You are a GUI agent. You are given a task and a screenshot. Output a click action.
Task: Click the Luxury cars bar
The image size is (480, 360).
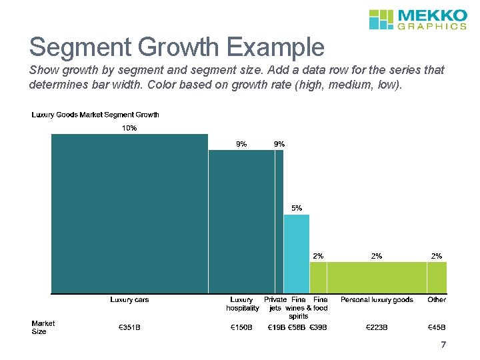pyautogui.click(x=130, y=213)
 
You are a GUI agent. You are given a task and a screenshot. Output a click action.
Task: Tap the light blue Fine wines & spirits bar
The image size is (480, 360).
pyautogui.click(x=297, y=253)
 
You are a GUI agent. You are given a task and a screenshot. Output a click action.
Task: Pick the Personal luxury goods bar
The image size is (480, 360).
pyautogui.click(x=377, y=277)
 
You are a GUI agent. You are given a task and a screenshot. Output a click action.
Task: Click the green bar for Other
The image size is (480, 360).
pyautogui.click(x=437, y=277)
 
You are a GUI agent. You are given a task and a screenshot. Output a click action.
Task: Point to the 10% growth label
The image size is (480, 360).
pyautogui.click(x=129, y=128)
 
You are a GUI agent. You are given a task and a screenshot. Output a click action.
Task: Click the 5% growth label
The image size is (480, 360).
pyautogui.click(x=297, y=208)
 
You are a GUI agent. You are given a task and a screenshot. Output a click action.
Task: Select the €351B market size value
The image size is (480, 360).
pyautogui.click(x=130, y=327)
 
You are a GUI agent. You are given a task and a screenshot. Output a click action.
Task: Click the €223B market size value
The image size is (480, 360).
pyautogui.click(x=377, y=327)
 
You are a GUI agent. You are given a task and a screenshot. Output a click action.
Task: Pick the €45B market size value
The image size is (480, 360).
pyautogui.click(x=437, y=327)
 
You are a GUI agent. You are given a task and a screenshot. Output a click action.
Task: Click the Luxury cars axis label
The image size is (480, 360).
pyautogui.click(x=130, y=300)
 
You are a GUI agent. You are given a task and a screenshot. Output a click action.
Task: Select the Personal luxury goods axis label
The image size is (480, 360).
pyautogui.click(x=377, y=300)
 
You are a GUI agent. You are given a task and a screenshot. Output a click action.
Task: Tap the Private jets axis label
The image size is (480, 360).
pyautogui.click(x=275, y=304)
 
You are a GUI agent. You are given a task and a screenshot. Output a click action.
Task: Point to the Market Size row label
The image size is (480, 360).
pyautogui.click(x=43, y=327)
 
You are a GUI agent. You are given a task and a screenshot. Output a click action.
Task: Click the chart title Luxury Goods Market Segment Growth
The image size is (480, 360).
pyautogui.click(x=95, y=115)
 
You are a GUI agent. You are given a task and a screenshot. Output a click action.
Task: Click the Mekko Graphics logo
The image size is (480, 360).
pyautogui.click(x=418, y=19)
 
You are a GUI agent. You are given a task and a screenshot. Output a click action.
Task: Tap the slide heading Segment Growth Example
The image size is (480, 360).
pyautogui.click(x=177, y=47)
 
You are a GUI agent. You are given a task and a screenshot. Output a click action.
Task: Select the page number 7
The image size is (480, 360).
pyautogui.click(x=443, y=345)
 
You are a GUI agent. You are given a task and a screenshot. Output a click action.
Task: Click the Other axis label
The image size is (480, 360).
pyautogui.click(x=437, y=300)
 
